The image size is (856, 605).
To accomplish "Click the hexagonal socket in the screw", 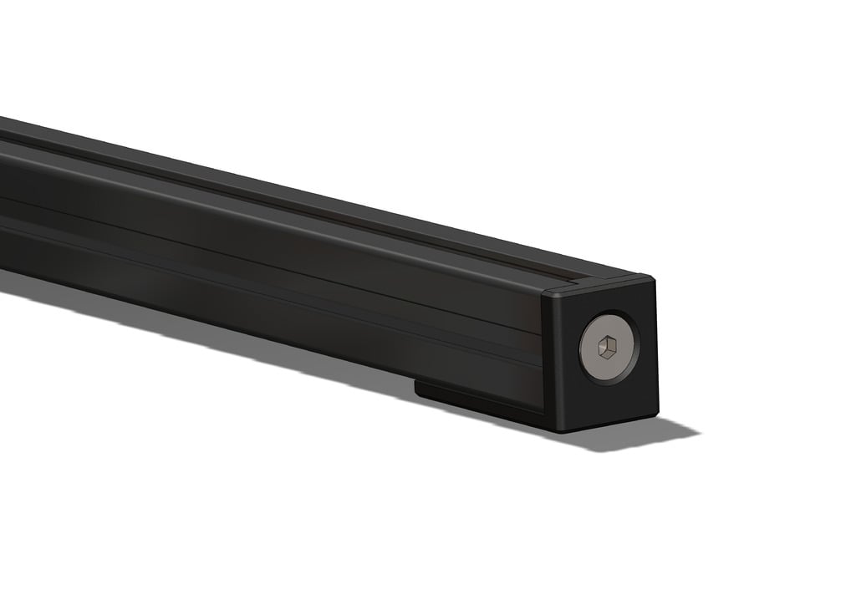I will (x=608, y=344).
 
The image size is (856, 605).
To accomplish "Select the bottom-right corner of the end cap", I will (x=656, y=414).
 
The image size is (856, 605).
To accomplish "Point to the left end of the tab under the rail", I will (x=417, y=387).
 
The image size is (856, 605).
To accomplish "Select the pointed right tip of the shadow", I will (x=697, y=434).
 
